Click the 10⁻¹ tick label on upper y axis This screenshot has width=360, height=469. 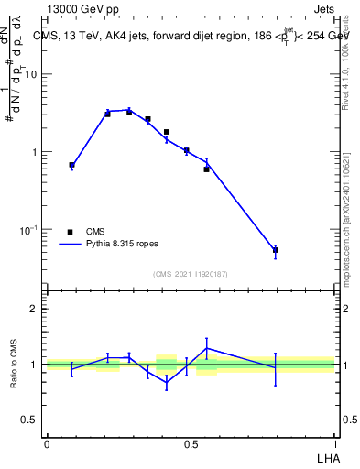(28, 229)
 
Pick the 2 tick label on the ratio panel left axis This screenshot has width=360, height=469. (33, 309)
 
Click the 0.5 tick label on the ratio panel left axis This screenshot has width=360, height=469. (29, 420)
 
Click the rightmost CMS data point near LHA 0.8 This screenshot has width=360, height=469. (276, 250)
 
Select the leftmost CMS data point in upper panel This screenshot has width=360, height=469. (71, 165)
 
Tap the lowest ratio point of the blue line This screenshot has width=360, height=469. (167, 383)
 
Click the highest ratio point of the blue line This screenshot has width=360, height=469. (207, 348)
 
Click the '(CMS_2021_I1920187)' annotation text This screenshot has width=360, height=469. (191, 273)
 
